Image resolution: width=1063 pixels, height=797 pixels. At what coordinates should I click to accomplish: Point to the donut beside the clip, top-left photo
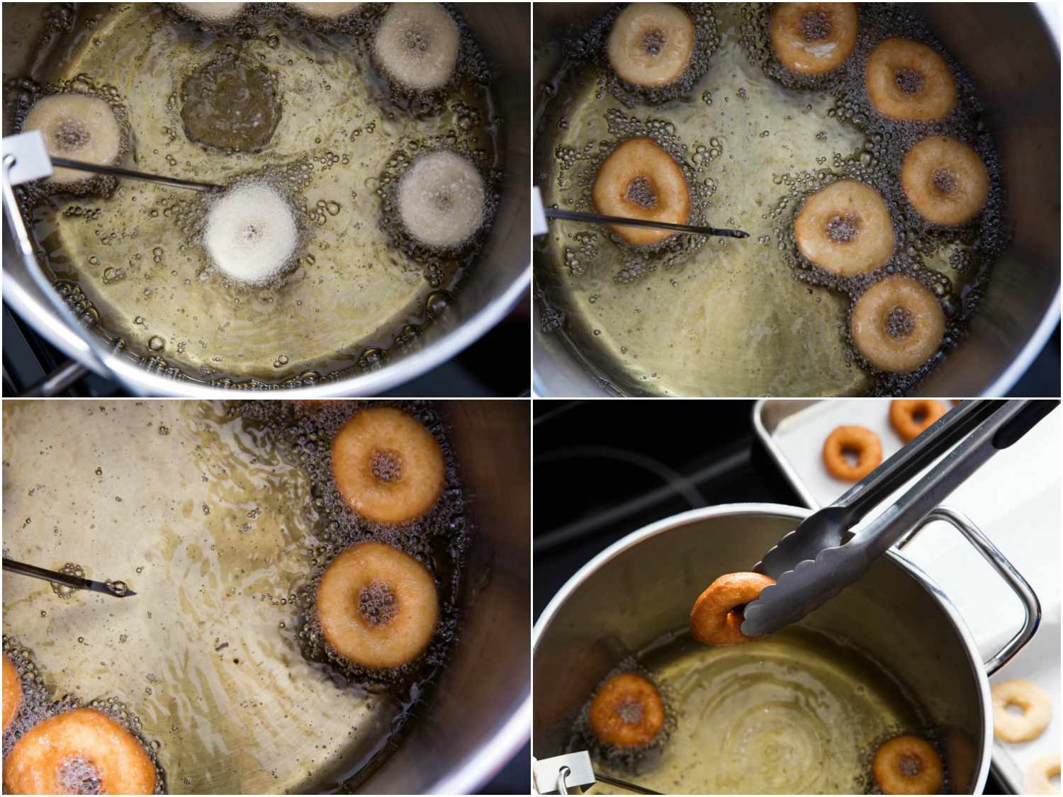(72, 133)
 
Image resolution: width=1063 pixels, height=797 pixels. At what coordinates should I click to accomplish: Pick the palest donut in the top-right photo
(651, 43)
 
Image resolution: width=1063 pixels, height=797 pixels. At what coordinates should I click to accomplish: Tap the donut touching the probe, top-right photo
(641, 189)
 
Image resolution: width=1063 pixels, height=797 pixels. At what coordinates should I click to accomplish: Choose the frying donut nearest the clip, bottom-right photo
(626, 709)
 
